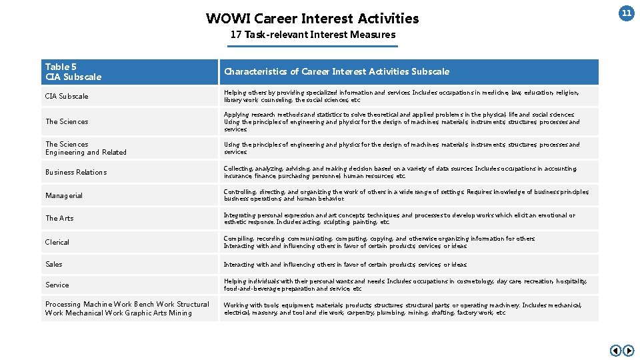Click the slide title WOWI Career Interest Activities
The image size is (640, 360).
click(x=312, y=19)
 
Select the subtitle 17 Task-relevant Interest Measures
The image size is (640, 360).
click(x=313, y=35)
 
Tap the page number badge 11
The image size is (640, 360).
click(x=626, y=13)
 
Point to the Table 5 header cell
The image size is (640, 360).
click(x=73, y=72)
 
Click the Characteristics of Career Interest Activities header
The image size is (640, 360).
click(x=337, y=72)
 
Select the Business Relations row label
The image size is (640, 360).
click(x=76, y=173)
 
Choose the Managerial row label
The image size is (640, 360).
click(x=64, y=196)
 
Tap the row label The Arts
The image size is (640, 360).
click(x=59, y=219)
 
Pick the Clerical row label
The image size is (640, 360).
click(x=57, y=243)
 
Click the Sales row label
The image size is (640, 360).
click(x=54, y=265)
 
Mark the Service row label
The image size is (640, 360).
click(x=57, y=285)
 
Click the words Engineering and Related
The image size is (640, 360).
click(x=86, y=153)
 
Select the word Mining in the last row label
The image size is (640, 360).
click(x=180, y=313)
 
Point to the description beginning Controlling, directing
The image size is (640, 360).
click(x=406, y=195)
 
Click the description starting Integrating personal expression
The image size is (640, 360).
click(x=399, y=219)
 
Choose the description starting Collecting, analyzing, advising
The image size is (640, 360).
click(x=400, y=173)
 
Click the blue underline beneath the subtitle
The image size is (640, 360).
click(x=313, y=46)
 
